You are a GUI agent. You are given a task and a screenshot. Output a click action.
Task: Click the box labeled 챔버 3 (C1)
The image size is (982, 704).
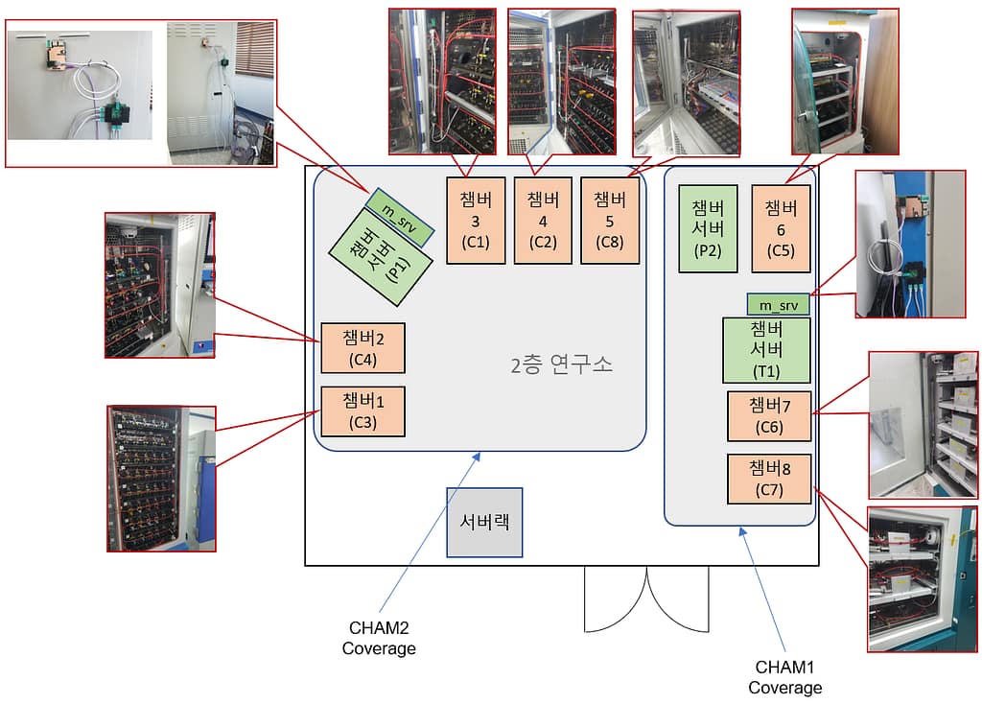click(476, 221)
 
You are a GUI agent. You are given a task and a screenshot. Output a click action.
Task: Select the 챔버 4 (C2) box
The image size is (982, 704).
click(542, 221)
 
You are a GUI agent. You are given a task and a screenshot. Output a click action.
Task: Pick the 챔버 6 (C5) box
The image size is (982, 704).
click(781, 228)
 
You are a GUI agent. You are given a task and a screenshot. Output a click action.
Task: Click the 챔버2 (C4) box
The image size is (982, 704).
click(362, 347)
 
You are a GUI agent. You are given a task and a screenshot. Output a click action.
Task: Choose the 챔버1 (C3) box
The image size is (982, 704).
click(362, 411)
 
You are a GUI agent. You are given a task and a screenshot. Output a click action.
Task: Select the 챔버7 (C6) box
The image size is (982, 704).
click(769, 415)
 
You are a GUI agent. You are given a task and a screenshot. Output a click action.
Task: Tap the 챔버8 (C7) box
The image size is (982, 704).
click(769, 479)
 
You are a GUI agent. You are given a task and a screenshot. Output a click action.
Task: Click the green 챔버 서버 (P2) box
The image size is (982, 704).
click(708, 229)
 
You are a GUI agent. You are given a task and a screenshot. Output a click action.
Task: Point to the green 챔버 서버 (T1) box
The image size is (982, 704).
click(766, 350)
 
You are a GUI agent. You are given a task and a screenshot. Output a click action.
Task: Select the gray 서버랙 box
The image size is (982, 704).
click(484, 522)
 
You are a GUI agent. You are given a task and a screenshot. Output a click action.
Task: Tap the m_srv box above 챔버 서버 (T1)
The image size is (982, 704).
click(778, 305)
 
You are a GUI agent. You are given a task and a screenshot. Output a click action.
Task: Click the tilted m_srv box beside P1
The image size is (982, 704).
click(401, 217)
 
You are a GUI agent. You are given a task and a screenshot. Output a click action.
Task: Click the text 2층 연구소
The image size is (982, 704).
click(562, 364)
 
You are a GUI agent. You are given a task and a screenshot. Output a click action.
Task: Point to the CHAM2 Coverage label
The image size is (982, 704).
click(379, 639)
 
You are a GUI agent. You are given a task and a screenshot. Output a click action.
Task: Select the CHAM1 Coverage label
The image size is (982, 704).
click(784, 677)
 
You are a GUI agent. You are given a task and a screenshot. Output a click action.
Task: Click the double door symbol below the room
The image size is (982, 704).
click(646, 599)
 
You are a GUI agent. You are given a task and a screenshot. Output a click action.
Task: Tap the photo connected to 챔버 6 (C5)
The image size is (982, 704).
click(845, 81)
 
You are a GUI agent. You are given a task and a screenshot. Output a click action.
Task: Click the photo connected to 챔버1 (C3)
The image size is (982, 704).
click(161, 478)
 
